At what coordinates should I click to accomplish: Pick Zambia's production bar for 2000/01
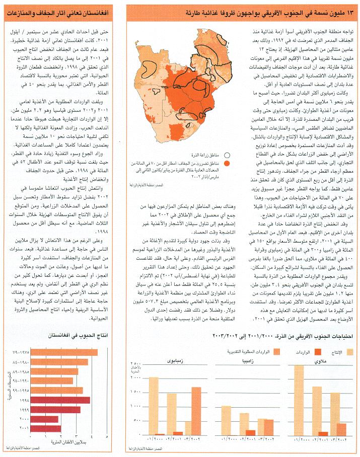pos(226,421)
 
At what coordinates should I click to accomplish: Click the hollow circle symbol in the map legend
pos(228,156)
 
